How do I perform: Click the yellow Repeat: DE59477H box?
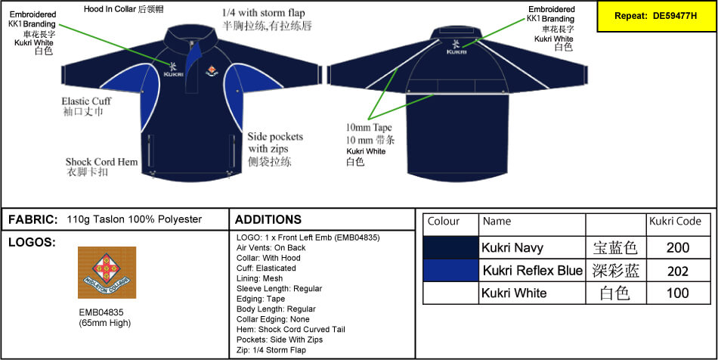pyautogui.click(x=656, y=16)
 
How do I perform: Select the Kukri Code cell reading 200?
pyautogui.click(x=678, y=247)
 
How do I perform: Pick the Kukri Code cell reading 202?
pyautogui.click(x=678, y=271)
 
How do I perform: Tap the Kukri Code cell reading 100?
pyautogui.click(x=678, y=293)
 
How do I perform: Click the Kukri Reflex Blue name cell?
pyautogui.click(x=532, y=271)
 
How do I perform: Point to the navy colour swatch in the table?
pyautogui.click(x=451, y=247)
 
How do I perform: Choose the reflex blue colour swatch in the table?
pyautogui.click(x=451, y=271)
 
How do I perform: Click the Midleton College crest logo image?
pyautogui.click(x=107, y=272)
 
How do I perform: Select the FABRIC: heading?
pyautogui.click(x=33, y=219)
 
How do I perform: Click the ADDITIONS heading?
pyautogui.click(x=268, y=219)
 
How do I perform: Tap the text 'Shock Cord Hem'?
pyautogui.click(x=101, y=162)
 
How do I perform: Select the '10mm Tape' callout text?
pyautogui.click(x=369, y=127)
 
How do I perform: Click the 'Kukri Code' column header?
pyautogui.click(x=676, y=222)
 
